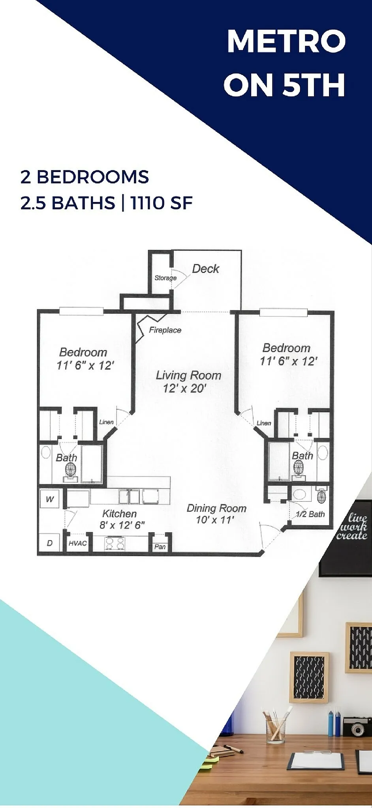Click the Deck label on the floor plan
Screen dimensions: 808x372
[x=205, y=269]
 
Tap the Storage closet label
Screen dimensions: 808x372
[x=165, y=278]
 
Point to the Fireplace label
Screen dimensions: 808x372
[x=165, y=330]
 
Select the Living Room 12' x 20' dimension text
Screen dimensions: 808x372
[x=185, y=388]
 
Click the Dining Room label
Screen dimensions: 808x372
[x=216, y=508]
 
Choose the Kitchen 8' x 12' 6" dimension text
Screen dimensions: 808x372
[x=122, y=525]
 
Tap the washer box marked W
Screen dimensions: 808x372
[x=50, y=499]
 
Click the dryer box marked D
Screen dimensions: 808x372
[x=50, y=543]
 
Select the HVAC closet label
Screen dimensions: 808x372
[x=77, y=543]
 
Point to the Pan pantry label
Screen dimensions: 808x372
[x=160, y=546]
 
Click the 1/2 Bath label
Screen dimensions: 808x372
[x=310, y=514]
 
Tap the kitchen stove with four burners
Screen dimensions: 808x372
[x=115, y=543]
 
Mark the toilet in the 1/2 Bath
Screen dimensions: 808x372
[x=321, y=496]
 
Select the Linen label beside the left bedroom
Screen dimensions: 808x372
[x=106, y=422]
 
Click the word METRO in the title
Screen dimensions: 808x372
[x=286, y=41]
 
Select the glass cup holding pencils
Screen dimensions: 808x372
[x=276, y=729]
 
